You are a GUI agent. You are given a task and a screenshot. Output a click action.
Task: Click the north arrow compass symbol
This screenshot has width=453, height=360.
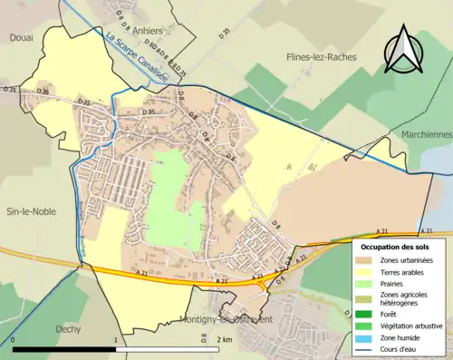tap(403, 49)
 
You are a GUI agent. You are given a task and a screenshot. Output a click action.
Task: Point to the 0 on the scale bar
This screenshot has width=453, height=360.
tap(13, 342)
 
